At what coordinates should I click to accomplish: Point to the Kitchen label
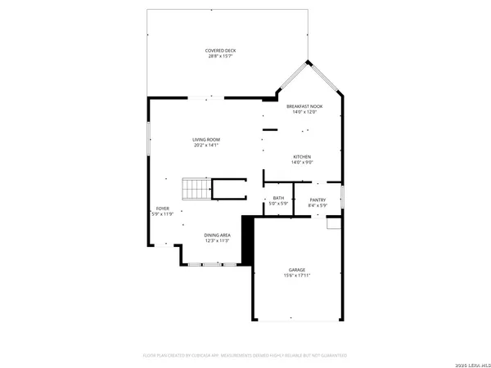[302, 156]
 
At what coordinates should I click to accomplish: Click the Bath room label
[278, 198]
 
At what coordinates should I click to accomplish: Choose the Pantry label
[318, 200]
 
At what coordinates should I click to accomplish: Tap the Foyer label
[163, 209]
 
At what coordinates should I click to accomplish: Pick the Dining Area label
[217, 236]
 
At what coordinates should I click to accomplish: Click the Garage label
[296, 270]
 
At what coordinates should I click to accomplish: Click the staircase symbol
[196, 190]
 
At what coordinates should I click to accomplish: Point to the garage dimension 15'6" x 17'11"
[296, 276]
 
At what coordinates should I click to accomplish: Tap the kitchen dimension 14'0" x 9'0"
[302, 162]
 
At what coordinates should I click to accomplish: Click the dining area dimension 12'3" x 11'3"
[217, 241]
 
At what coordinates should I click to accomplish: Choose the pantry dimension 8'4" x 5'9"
[318, 205]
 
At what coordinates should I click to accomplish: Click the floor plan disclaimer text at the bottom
[245, 356]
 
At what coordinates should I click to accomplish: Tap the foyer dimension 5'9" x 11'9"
[163, 214]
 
